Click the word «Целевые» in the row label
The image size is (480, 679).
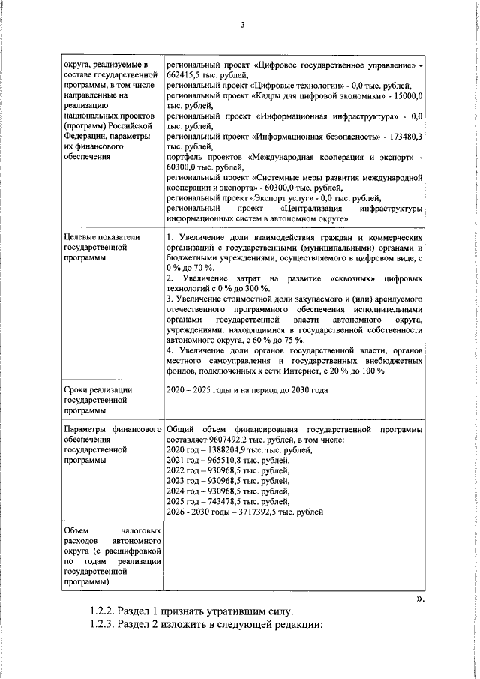click(84, 237)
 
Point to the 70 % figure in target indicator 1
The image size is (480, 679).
click(202, 268)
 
